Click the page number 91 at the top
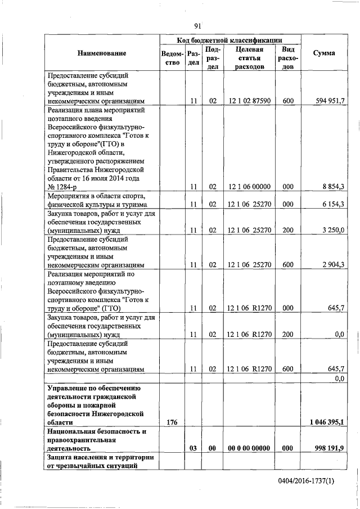[197, 26]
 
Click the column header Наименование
[102, 53]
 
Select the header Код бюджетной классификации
[229, 40]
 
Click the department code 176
[172, 422]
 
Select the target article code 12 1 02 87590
[250, 101]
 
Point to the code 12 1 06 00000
[250, 187]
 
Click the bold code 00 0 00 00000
[250, 448]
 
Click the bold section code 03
[192, 448]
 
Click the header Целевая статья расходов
[250, 57]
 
